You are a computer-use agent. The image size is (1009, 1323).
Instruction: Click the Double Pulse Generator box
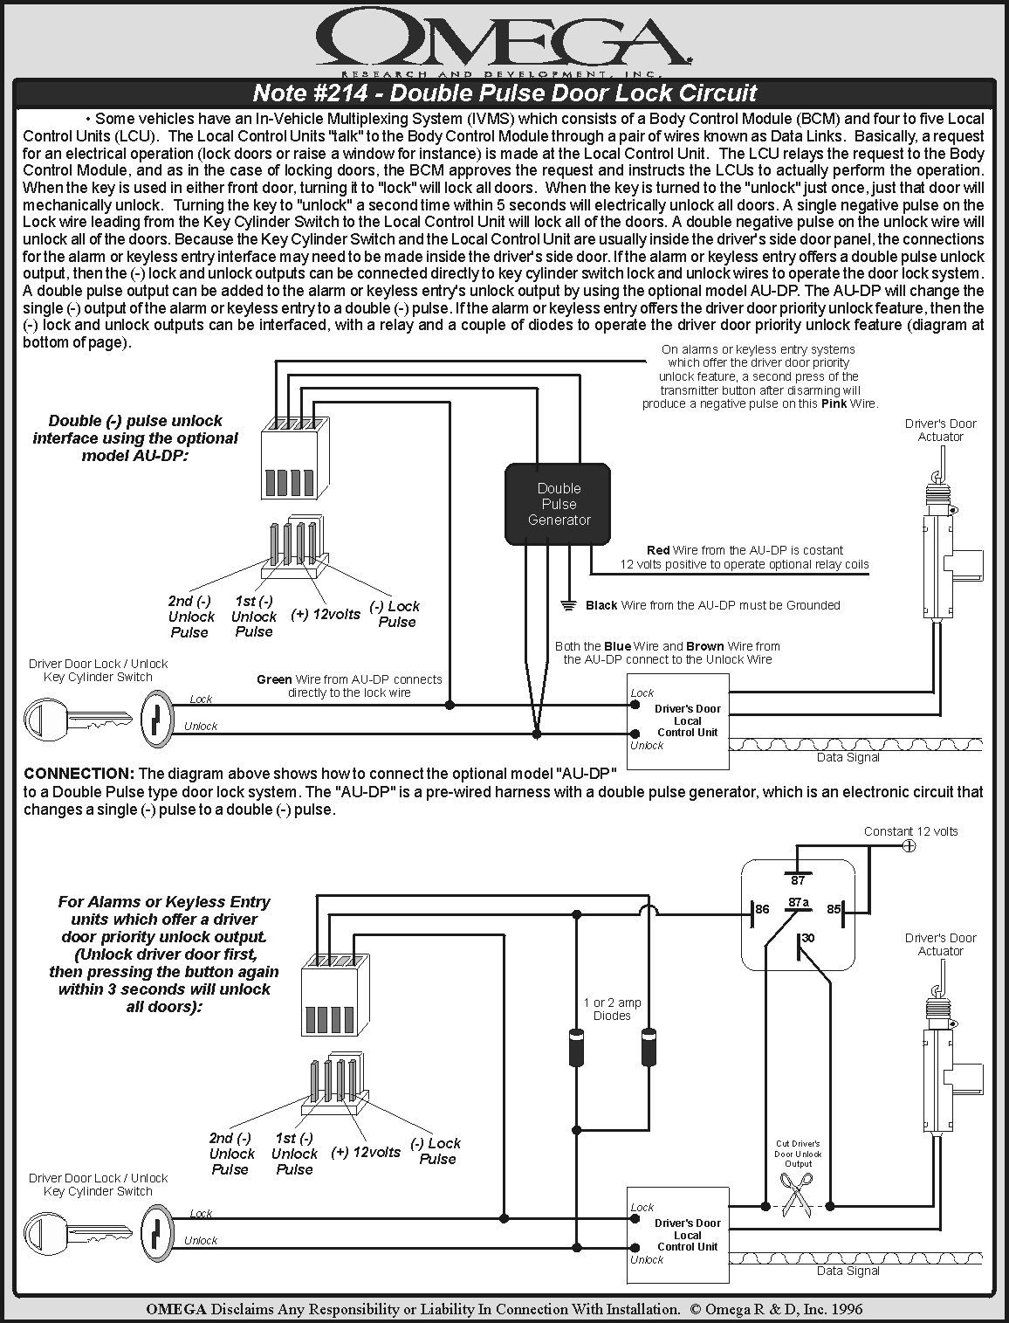coord(559,504)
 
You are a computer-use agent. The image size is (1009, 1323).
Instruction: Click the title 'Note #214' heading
coord(504,93)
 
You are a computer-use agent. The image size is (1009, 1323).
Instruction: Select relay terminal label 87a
coord(798,901)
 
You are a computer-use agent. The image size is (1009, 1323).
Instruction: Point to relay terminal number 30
coord(808,938)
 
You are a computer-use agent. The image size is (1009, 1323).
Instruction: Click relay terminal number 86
coord(762,909)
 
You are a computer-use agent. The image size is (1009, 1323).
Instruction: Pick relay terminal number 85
coord(834,909)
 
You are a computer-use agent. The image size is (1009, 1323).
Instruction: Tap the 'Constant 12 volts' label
coord(910,831)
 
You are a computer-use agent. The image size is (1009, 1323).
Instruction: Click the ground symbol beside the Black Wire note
coord(568,605)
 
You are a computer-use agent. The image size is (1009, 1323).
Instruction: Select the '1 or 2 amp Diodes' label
coord(612,1009)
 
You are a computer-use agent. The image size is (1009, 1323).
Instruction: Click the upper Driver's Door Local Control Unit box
coord(678,721)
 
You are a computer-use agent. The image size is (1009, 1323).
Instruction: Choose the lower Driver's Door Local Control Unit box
coord(678,1236)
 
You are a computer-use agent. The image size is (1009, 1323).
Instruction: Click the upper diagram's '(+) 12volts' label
coord(326,615)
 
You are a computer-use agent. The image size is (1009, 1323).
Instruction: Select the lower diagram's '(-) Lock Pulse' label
coord(436,1151)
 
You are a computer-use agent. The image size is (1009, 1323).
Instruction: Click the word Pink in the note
coord(835,404)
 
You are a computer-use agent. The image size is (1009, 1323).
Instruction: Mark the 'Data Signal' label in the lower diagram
coord(848,1271)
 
